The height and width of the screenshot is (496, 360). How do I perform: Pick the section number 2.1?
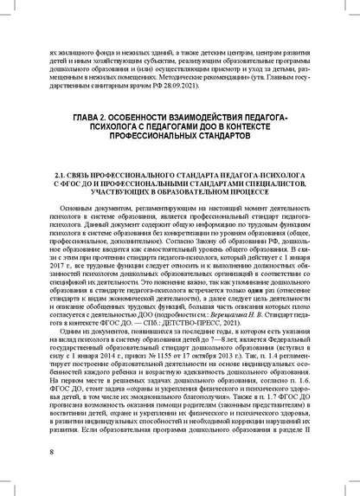coord(61,175)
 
